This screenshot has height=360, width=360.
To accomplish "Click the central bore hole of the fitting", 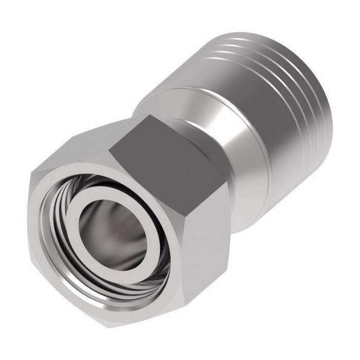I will (x=111, y=226).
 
